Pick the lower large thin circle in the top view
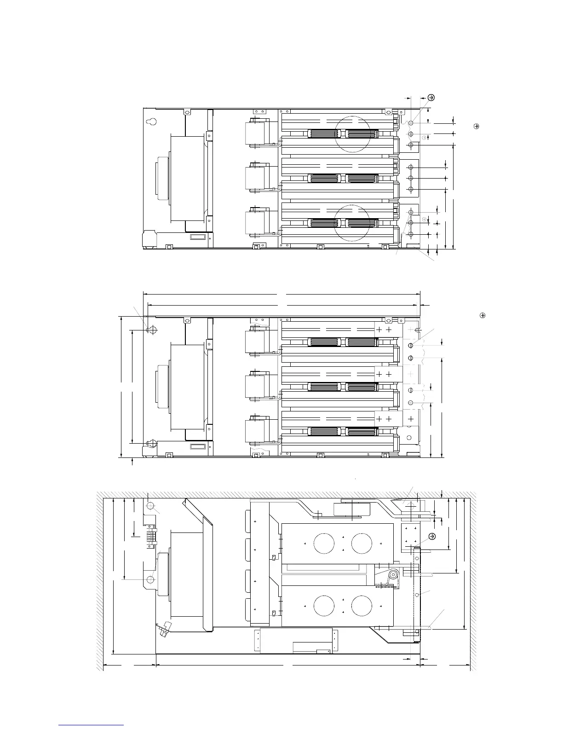click(352, 223)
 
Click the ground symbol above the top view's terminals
click(431, 98)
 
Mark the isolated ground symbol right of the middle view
click(483, 315)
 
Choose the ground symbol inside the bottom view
click(432, 536)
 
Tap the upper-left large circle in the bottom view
click(324, 544)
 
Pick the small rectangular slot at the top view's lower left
click(198, 237)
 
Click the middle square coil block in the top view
click(256, 178)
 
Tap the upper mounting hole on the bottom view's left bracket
click(150, 506)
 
